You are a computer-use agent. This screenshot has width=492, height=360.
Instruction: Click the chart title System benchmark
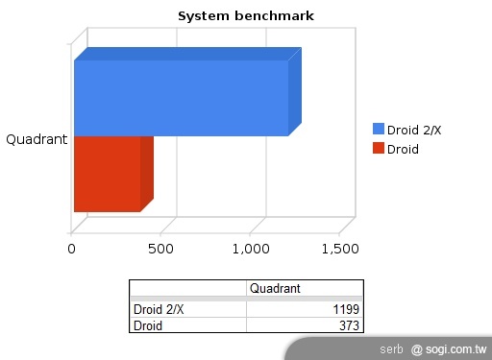[246, 16]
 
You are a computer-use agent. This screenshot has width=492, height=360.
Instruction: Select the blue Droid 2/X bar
[187, 92]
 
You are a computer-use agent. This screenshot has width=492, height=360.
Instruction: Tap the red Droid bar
[113, 174]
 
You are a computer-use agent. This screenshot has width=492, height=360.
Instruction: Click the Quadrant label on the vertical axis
[37, 139]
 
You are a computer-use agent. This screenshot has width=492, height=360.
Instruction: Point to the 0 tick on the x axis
[71, 249]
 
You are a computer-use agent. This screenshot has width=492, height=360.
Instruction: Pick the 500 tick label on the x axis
[160, 249]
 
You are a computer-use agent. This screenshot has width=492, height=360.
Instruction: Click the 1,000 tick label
[251, 249]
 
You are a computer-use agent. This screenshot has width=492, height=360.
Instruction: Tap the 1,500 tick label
[340, 249]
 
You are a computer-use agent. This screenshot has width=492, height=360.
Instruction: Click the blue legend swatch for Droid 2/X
[379, 129]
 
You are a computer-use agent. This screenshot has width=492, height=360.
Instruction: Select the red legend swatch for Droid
[379, 148]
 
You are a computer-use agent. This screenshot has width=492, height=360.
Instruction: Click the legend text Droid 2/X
[414, 131]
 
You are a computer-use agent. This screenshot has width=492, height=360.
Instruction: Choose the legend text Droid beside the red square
[403, 149]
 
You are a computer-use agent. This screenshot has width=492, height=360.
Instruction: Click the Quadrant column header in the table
[275, 288]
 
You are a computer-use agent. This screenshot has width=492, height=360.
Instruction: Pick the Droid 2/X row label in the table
[159, 309]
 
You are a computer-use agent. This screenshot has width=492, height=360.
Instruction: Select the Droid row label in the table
[148, 325]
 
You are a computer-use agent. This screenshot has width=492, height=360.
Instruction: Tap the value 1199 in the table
[346, 309]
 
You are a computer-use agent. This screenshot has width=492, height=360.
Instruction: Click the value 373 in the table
[349, 325]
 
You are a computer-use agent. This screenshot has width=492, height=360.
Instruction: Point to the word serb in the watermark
[391, 349]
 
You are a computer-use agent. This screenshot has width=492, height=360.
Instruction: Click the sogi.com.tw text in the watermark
[455, 349]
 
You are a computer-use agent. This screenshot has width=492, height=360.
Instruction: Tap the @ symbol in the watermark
[417, 349]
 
